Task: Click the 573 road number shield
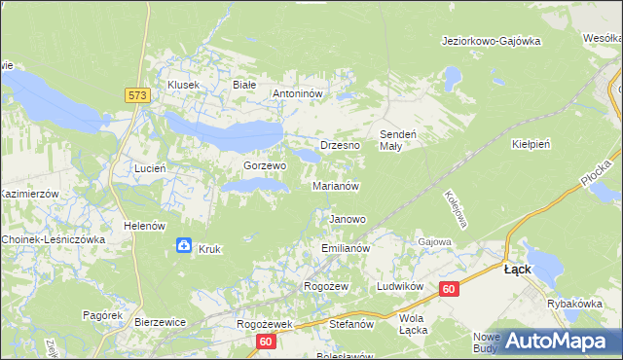pyautogui.click(x=136, y=94)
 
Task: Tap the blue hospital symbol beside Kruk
pyautogui.click(x=184, y=247)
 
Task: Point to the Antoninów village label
pyautogui.click(x=303, y=94)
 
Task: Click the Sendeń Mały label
pyautogui.click(x=397, y=139)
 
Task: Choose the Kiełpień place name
pyautogui.click(x=531, y=143)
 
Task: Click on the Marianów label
pyautogui.click(x=337, y=185)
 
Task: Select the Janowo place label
pyautogui.click(x=348, y=219)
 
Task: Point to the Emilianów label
pyautogui.click(x=347, y=249)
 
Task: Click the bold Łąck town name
pyautogui.click(x=517, y=270)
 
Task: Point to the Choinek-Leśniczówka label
pyautogui.click(x=54, y=239)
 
